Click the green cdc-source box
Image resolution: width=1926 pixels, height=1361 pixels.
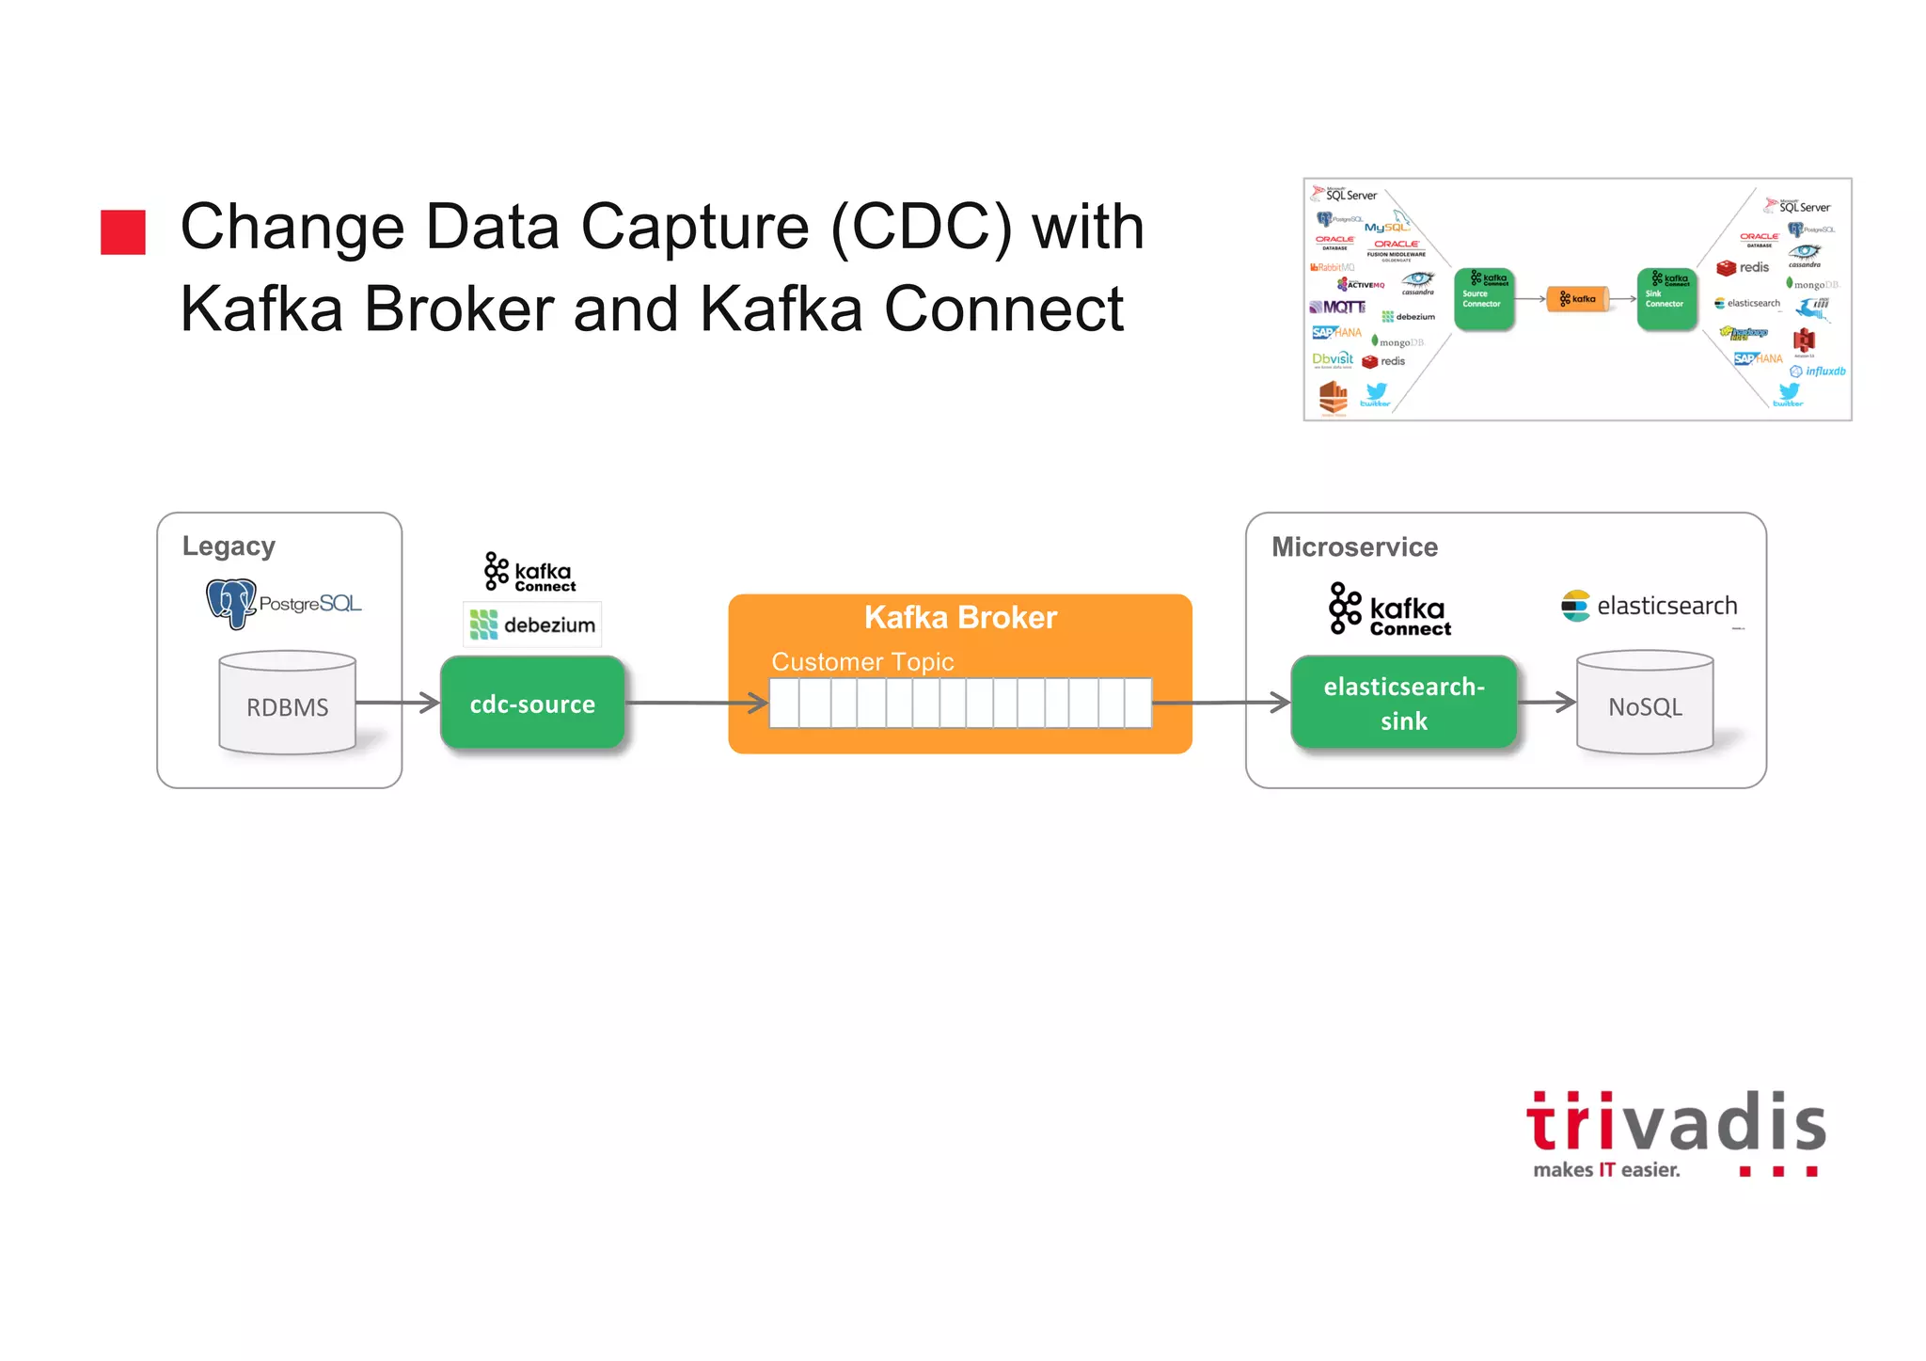tap(532, 703)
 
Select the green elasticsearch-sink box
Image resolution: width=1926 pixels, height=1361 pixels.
tap(1403, 703)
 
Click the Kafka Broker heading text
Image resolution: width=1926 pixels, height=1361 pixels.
tap(960, 617)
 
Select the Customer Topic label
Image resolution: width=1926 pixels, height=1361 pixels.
tap(862, 662)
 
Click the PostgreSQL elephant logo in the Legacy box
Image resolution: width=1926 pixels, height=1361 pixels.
tap(230, 602)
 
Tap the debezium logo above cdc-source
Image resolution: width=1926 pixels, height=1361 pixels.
tap(532, 625)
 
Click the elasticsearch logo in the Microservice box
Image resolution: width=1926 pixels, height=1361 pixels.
tap(1649, 606)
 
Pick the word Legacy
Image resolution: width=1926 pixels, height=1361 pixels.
tap(229, 546)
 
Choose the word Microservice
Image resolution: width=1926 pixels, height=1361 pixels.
tap(1354, 547)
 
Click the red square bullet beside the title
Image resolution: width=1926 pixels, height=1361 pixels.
tap(123, 232)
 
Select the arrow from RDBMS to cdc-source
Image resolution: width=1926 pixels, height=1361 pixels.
tap(398, 703)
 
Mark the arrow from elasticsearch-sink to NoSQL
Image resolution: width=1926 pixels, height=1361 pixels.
tap(1547, 702)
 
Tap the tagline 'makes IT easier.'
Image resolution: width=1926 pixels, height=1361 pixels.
tap(1606, 1170)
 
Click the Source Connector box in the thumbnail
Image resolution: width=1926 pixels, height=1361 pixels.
tap(1483, 299)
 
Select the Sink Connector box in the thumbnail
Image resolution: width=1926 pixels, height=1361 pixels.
tap(1666, 299)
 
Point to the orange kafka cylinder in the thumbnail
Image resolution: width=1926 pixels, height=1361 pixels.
tap(1578, 299)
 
